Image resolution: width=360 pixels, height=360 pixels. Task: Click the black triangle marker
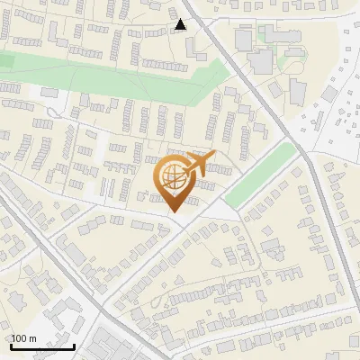point(181,24)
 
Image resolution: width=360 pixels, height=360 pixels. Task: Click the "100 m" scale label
point(23,338)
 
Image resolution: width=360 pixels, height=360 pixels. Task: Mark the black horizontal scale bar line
point(42,346)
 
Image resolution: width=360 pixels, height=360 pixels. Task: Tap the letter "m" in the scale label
point(32,338)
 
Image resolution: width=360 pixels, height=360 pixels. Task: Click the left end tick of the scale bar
point(11,345)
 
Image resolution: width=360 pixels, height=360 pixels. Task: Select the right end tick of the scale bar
point(74,345)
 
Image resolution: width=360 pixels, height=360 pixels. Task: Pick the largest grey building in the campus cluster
point(262,61)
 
